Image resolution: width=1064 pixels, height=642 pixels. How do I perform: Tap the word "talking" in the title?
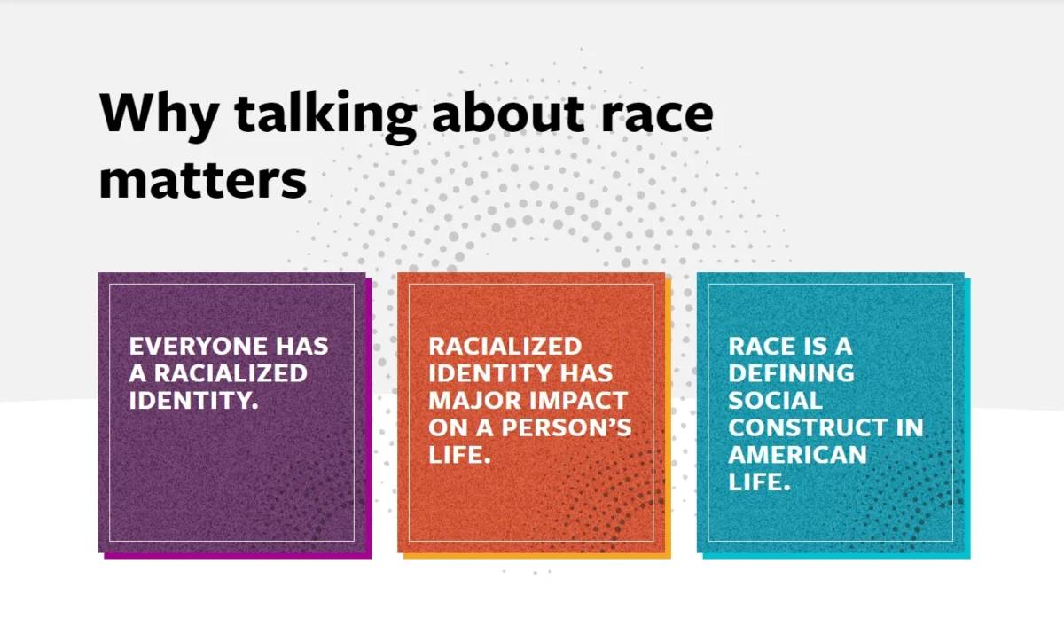(326, 116)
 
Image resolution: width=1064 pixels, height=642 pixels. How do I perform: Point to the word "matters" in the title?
(203, 181)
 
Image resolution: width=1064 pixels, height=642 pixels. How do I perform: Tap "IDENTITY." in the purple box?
(194, 400)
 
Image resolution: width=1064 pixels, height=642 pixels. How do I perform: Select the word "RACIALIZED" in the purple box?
(231, 373)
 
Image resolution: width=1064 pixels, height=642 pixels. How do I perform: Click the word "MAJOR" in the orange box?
(474, 400)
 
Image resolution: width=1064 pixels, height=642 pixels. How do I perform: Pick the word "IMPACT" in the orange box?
(578, 400)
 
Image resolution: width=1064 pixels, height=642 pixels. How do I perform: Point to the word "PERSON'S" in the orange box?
(567, 427)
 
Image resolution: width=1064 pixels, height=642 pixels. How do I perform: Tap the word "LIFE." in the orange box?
(459, 454)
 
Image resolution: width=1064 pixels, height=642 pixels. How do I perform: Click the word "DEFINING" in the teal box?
(791, 373)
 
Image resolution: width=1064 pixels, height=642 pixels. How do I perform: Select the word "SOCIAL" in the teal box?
(775, 400)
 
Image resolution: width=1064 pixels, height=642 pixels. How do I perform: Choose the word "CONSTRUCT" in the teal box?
(808, 427)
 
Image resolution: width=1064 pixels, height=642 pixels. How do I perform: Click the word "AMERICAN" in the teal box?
(797, 454)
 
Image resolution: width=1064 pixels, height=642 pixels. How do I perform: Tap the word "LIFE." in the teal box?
(759, 481)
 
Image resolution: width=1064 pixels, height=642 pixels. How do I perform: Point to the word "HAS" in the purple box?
(302, 346)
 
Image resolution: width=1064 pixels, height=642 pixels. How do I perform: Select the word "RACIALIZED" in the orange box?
(505, 346)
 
